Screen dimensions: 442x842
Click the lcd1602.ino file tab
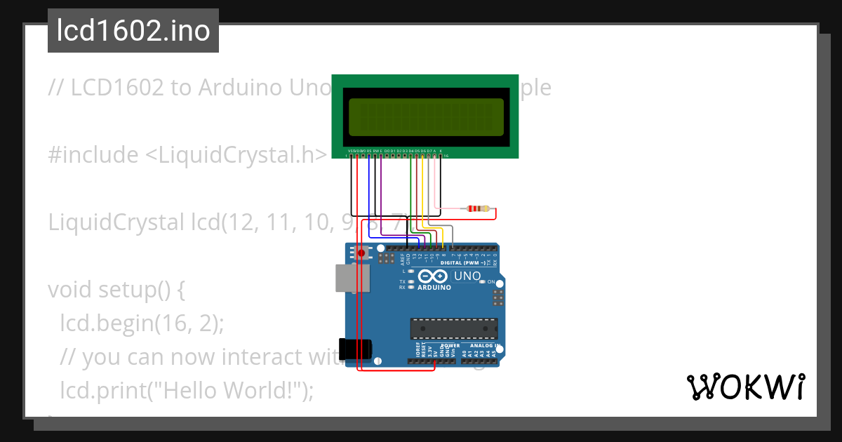[x=133, y=31]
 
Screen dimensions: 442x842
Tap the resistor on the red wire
[x=479, y=208]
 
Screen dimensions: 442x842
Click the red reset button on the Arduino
[x=362, y=253]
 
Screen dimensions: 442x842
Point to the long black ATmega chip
[x=454, y=328]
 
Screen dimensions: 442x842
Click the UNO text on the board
[x=467, y=276]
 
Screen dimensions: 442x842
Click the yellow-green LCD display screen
[x=426, y=116]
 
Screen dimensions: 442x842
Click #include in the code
[x=93, y=155]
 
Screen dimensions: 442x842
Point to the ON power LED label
[x=491, y=281]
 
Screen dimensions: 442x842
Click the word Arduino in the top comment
[x=238, y=87]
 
